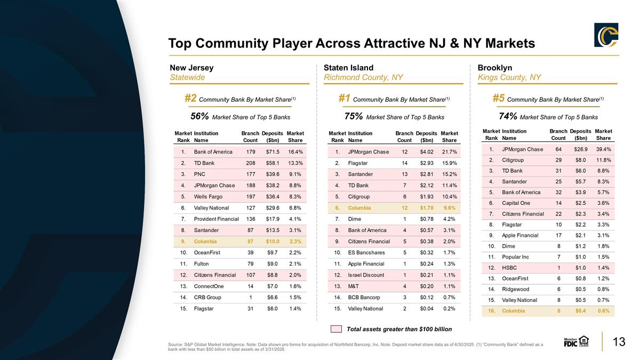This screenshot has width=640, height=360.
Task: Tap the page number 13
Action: click(619, 342)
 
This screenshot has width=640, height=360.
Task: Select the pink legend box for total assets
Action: click(336, 329)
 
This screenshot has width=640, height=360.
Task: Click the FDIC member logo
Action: click(576, 341)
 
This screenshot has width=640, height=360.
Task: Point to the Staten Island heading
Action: click(348, 68)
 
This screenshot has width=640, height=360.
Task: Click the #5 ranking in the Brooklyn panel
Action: click(499, 98)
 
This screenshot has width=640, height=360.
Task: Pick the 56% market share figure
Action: click(199, 116)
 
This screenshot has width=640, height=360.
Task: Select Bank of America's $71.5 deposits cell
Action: click(273, 151)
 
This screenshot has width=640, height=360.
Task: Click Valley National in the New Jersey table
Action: click(211, 207)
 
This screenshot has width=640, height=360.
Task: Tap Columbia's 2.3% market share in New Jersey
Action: click(295, 242)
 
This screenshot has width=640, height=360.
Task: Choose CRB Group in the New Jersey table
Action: click(207, 298)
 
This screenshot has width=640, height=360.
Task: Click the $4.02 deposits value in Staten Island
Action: click(427, 151)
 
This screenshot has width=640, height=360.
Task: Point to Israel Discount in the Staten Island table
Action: click(366, 275)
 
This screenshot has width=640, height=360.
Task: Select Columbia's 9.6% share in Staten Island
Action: click(450, 207)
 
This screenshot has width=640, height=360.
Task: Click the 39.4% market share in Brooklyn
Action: click(603, 149)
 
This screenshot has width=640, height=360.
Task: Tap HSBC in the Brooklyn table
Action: click(509, 268)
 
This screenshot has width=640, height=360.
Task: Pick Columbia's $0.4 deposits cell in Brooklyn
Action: click(581, 311)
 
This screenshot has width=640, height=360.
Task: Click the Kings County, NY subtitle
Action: click(509, 77)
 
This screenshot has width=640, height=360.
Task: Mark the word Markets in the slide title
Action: click(510, 43)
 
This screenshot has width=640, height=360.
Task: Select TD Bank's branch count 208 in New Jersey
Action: click(251, 163)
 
